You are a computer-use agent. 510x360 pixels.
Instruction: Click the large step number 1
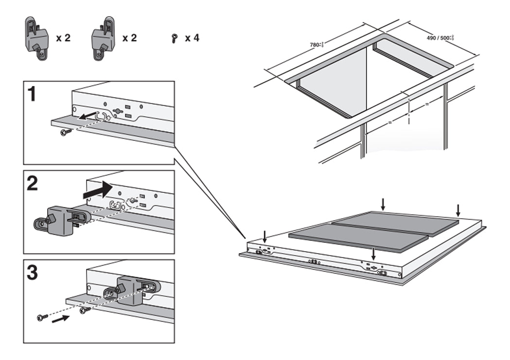point(32,94)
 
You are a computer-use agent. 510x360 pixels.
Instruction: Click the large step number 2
point(33,184)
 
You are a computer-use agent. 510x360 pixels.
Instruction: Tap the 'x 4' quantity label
point(192,37)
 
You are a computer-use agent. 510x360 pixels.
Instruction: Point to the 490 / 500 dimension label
point(440,37)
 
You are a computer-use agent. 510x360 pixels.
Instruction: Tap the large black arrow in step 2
point(97,190)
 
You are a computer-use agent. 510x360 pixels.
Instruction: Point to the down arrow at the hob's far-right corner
point(457,210)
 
